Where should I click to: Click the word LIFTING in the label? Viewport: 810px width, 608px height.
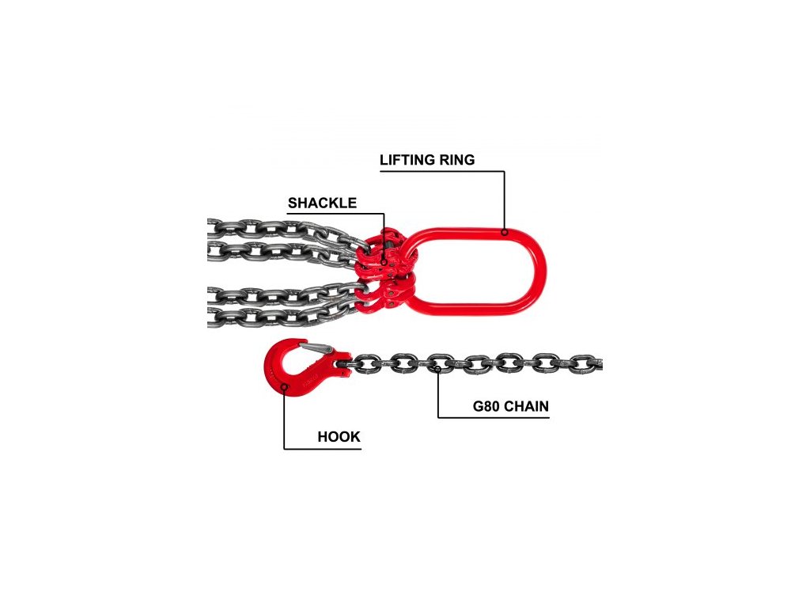[407, 160]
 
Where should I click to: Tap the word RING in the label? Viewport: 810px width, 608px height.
[456, 160]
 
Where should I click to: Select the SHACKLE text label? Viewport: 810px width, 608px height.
[322, 203]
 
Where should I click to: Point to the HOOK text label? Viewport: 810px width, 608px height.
[339, 437]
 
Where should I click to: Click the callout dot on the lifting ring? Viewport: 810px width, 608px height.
[504, 232]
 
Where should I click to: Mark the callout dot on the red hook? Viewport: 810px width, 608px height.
[283, 387]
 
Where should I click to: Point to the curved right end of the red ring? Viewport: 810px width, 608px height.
[541, 268]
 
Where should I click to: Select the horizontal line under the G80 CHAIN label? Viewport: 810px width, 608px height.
[498, 418]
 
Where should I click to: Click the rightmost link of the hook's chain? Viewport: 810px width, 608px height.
[585, 364]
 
